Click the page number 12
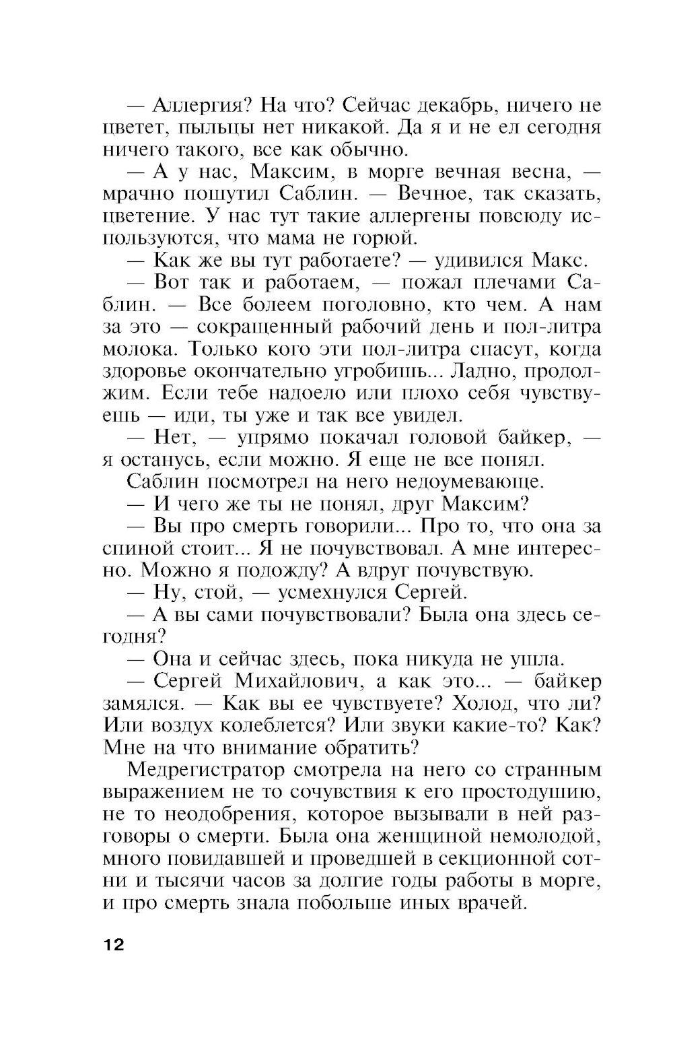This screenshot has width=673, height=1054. (114, 944)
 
